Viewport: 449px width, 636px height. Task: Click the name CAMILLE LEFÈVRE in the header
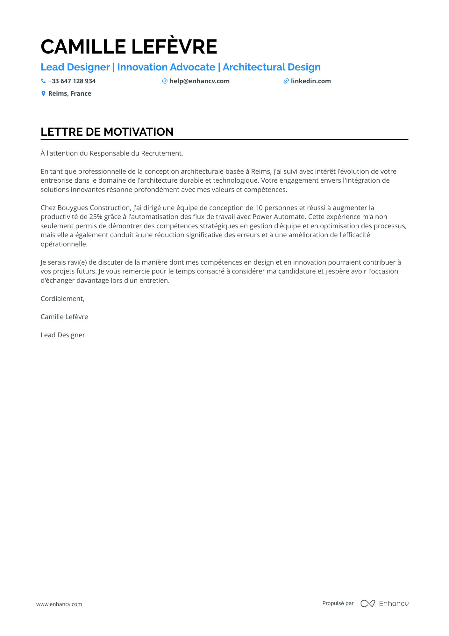[x=129, y=47]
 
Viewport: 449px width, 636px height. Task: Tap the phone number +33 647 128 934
[x=72, y=81]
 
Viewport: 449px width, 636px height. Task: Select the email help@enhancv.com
[x=199, y=81]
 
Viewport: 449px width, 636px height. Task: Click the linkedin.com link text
[x=310, y=81]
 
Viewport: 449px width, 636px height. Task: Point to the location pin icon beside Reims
[x=43, y=93]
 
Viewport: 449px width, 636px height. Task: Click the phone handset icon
[x=43, y=81]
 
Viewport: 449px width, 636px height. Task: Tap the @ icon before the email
[x=165, y=81]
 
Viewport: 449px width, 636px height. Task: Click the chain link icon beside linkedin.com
[x=286, y=81]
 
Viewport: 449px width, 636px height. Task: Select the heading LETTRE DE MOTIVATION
[x=107, y=132]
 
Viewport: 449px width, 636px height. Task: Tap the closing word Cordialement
[x=62, y=299]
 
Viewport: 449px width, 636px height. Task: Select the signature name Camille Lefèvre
[x=64, y=317]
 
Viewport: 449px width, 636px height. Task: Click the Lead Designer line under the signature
[x=63, y=335]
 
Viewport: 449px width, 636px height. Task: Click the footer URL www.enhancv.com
[x=59, y=604]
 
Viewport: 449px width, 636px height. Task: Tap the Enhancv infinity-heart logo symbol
[x=367, y=603]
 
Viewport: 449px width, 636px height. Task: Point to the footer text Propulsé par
[x=338, y=603]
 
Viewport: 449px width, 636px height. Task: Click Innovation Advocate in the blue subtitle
[x=166, y=67]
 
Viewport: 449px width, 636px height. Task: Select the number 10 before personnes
[x=259, y=208]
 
